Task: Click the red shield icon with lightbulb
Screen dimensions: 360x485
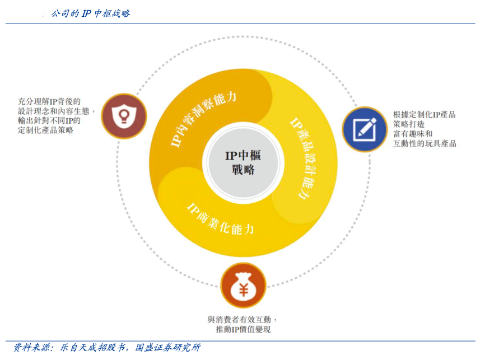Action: (123, 116)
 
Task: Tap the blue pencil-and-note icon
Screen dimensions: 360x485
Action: (365, 129)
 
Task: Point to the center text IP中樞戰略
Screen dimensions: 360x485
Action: (243, 162)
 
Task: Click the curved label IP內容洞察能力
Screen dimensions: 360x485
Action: (203, 118)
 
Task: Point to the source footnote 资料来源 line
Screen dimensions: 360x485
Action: (106, 348)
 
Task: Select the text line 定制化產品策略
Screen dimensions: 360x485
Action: (46, 130)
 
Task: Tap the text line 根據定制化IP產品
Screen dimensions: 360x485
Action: (424, 115)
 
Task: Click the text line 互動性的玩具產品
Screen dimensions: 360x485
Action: (425, 143)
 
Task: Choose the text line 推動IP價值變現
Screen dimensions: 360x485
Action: (243, 330)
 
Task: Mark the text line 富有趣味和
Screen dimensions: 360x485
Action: (413, 134)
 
